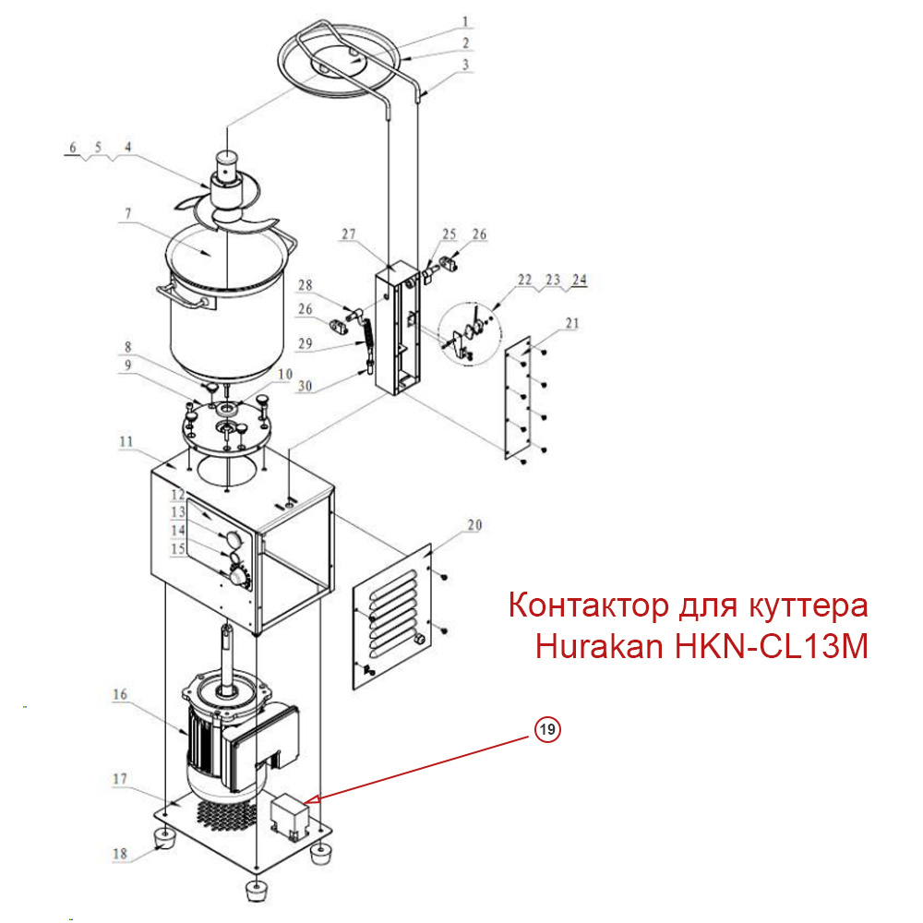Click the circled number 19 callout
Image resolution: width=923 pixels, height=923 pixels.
pyautogui.click(x=547, y=729)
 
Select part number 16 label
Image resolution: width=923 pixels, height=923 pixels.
pyautogui.click(x=120, y=694)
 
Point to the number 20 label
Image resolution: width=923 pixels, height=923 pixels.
pyautogui.click(x=474, y=526)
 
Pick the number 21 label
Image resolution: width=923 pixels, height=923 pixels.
pyautogui.click(x=572, y=323)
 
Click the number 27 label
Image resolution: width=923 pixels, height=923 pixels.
pyautogui.click(x=348, y=235)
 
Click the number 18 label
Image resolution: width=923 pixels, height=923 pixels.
pyautogui.click(x=120, y=854)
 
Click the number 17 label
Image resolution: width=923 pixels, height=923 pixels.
pyautogui.click(x=120, y=779)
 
